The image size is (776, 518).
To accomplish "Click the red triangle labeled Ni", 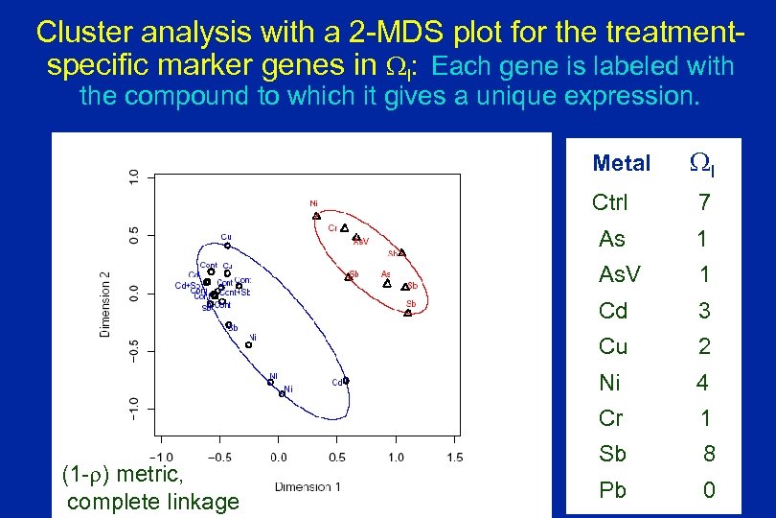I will pyautogui.click(x=317, y=216).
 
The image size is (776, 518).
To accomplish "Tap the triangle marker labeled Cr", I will pyautogui.click(x=344, y=228).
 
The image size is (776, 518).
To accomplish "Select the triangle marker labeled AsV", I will pyautogui.click(x=356, y=237).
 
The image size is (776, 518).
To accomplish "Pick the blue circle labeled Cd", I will pyautogui.click(x=346, y=381).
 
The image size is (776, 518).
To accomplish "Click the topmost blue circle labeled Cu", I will pyautogui.click(x=227, y=246).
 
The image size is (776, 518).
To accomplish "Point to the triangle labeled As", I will pyautogui.click(x=387, y=283).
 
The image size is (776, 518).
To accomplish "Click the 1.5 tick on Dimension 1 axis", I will pyautogui.click(x=454, y=457).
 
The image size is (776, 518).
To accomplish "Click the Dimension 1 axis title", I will pyautogui.click(x=308, y=486).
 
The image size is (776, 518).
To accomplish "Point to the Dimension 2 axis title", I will pyautogui.click(x=106, y=302).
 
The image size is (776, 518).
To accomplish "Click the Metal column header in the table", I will pyautogui.click(x=621, y=164).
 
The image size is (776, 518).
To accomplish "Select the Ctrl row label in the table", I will pyautogui.click(x=610, y=203).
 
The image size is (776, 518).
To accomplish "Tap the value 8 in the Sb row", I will pyautogui.click(x=709, y=454).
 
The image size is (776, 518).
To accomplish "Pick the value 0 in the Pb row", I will pyautogui.click(x=709, y=490).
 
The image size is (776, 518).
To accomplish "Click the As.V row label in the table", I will pyautogui.click(x=619, y=275).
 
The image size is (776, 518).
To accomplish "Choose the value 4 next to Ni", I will pyautogui.click(x=702, y=383).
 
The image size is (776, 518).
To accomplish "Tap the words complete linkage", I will pyautogui.click(x=153, y=502).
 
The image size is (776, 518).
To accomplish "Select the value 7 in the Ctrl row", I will pyautogui.click(x=704, y=203).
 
